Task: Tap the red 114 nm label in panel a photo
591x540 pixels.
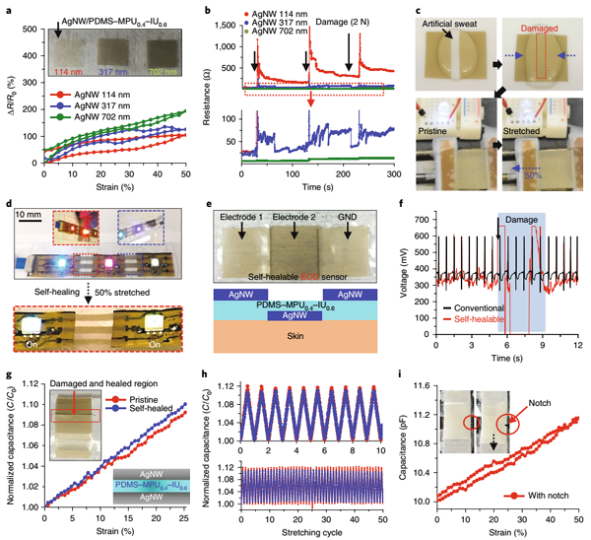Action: click(x=71, y=71)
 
